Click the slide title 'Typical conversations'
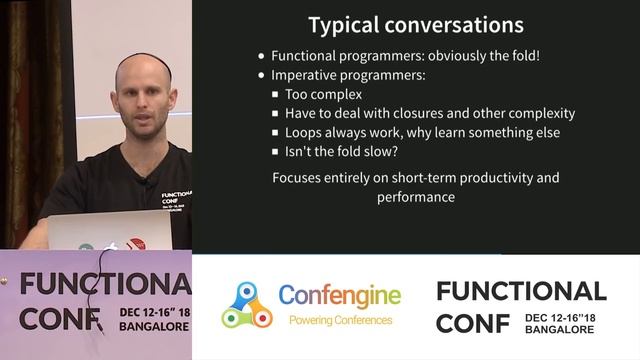coord(415,24)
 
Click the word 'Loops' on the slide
coord(304,133)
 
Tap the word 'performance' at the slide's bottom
coord(416,197)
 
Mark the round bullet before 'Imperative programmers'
coord(262,76)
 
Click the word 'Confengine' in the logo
coord(339,296)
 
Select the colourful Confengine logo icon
coord(246,305)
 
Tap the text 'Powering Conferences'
coord(340,320)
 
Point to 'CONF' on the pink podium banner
coord(60,318)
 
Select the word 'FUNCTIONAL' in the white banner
coord(521,291)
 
